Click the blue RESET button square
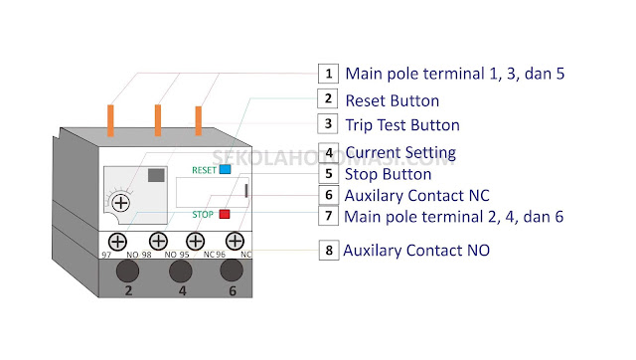click(x=225, y=170)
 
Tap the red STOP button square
click(x=225, y=214)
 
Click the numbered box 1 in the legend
click(x=328, y=74)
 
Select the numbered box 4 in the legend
click(x=328, y=153)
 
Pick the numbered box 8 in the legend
click(x=328, y=251)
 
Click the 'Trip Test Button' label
click(x=402, y=125)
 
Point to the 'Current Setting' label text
click(x=400, y=153)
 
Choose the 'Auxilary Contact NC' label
click(x=416, y=195)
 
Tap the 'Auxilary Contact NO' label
click(x=416, y=251)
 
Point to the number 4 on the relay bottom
click(x=180, y=291)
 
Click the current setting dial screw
click(x=121, y=203)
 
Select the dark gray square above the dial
click(x=155, y=176)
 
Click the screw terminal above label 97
click(x=117, y=242)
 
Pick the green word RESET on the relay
click(x=203, y=170)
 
